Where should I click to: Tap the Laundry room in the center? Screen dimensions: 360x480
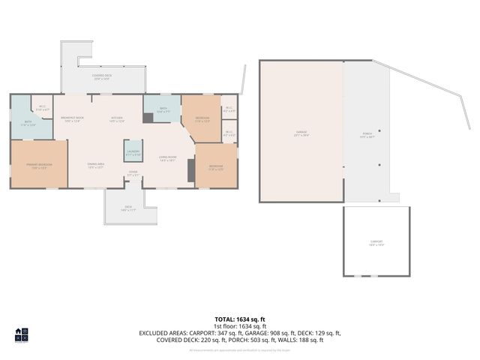pyautogui.click(x=133, y=153)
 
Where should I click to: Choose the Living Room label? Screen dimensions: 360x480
pyautogui.click(x=166, y=158)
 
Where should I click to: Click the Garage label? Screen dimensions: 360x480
pyautogui.click(x=301, y=133)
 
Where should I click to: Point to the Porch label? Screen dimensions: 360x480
pyautogui.click(x=367, y=136)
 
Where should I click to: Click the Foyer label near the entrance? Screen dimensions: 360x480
pyautogui.click(x=133, y=173)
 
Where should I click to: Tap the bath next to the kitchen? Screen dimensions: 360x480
pyautogui.click(x=163, y=110)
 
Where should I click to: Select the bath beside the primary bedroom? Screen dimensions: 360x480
pyautogui.click(x=27, y=124)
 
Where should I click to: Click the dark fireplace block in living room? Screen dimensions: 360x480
pyautogui.click(x=191, y=171)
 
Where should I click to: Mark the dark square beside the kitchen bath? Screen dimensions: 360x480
pyautogui.click(x=148, y=118)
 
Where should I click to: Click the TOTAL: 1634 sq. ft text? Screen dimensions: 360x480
pyautogui.click(x=240, y=319)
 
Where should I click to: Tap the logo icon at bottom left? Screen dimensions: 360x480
pyautogui.click(x=22, y=334)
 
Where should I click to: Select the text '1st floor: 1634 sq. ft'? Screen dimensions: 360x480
pyautogui.click(x=240, y=326)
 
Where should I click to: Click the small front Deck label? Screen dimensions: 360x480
pyautogui.click(x=127, y=208)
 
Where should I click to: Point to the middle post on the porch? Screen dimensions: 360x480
pyautogui.click(x=380, y=165)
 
